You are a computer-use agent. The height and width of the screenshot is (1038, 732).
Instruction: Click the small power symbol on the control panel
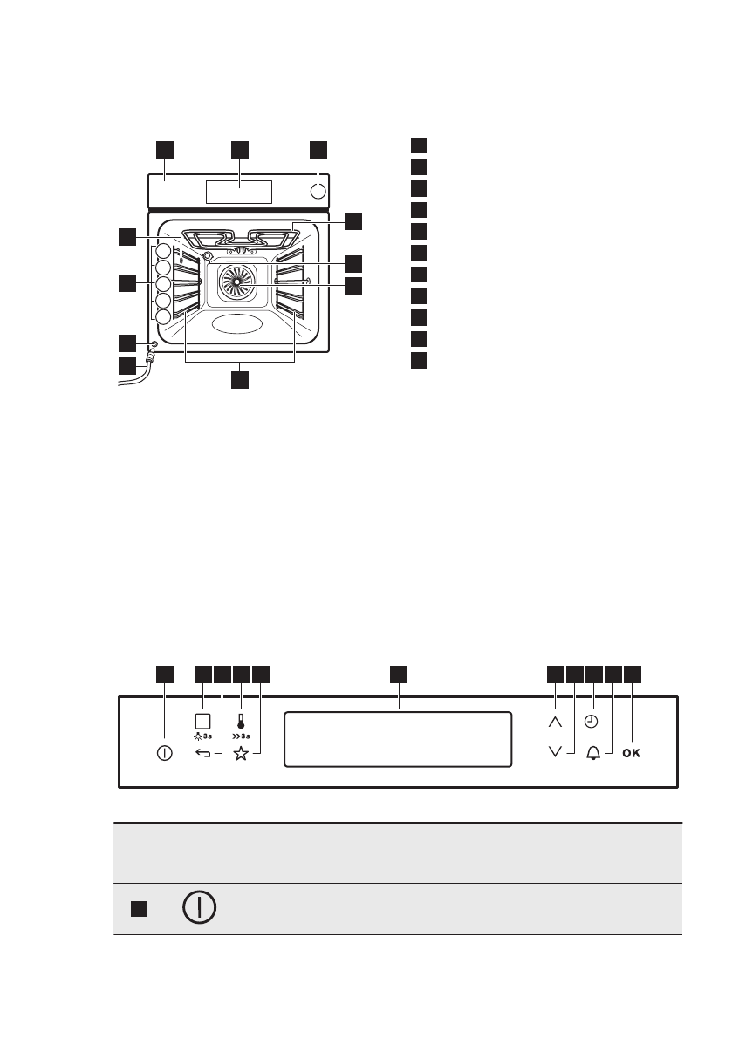tap(164, 753)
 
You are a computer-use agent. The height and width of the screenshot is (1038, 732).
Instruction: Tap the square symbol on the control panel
tap(203, 721)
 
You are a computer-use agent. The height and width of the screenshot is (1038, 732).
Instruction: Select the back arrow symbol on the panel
tap(203, 754)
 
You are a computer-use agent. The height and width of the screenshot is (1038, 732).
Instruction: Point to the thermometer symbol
tap(241, 721)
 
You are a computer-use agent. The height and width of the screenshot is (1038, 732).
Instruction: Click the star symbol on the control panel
tap(241, 754)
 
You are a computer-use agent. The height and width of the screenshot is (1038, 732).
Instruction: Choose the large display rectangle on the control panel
tap(398, 739)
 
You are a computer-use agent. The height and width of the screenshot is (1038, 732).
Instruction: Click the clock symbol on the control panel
tap(593, 722)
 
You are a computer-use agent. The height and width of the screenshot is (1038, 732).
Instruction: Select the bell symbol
tap(593, 754)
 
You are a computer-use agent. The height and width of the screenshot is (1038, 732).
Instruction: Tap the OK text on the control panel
tap(632, 754)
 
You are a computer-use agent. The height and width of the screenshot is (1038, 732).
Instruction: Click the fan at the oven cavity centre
tap(236, 284)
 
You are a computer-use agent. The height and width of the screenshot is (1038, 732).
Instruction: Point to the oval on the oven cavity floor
tap(236, 324)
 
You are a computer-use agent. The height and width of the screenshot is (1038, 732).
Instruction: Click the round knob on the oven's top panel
tap(318, 191)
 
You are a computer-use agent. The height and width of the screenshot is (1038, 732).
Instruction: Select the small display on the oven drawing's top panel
tap(239, 192)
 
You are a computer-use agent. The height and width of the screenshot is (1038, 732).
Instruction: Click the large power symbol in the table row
tap(200, 908)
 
